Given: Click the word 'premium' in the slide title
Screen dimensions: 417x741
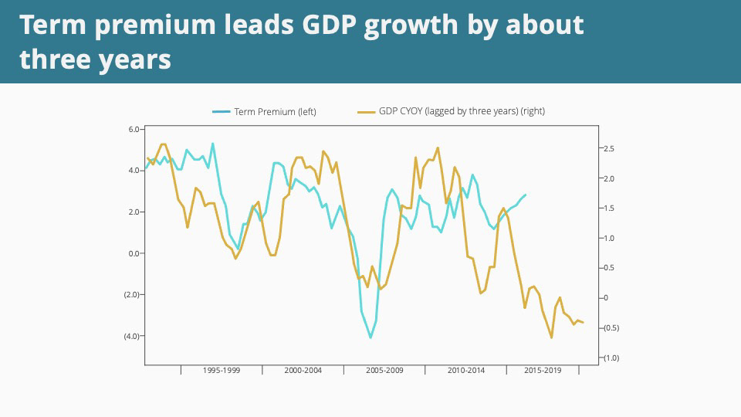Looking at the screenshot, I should [x=154, y=26].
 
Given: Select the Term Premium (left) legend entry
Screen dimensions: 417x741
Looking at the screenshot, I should [x=265, y=112].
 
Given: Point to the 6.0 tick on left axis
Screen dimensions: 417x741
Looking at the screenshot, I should [x=134, y=129].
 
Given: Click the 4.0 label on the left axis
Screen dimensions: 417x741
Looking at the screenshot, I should [x=134, y=171].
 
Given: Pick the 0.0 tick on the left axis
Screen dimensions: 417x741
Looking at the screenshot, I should [x=134, y=253].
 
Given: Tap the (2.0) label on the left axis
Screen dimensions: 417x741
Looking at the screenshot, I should [x=131, y=294].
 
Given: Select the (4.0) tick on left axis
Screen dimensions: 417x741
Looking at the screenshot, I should [x=131, y=336].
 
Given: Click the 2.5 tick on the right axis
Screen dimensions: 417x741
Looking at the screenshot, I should [x=607, y=148].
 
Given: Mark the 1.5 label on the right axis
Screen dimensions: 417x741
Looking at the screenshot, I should [x=607, y=208].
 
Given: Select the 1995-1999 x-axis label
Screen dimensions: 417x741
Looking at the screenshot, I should [x=222, y=371].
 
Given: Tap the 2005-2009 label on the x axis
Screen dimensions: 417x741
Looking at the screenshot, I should [x=384, y=371].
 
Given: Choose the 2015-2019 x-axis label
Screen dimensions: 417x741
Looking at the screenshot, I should [x=543, y=371].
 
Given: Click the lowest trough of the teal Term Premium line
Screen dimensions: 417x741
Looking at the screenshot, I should [x=370, y=337].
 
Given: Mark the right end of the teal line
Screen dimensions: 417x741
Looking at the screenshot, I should [x=526, y=195].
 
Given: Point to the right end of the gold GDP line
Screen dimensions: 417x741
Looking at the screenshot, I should [x=583, y=322].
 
